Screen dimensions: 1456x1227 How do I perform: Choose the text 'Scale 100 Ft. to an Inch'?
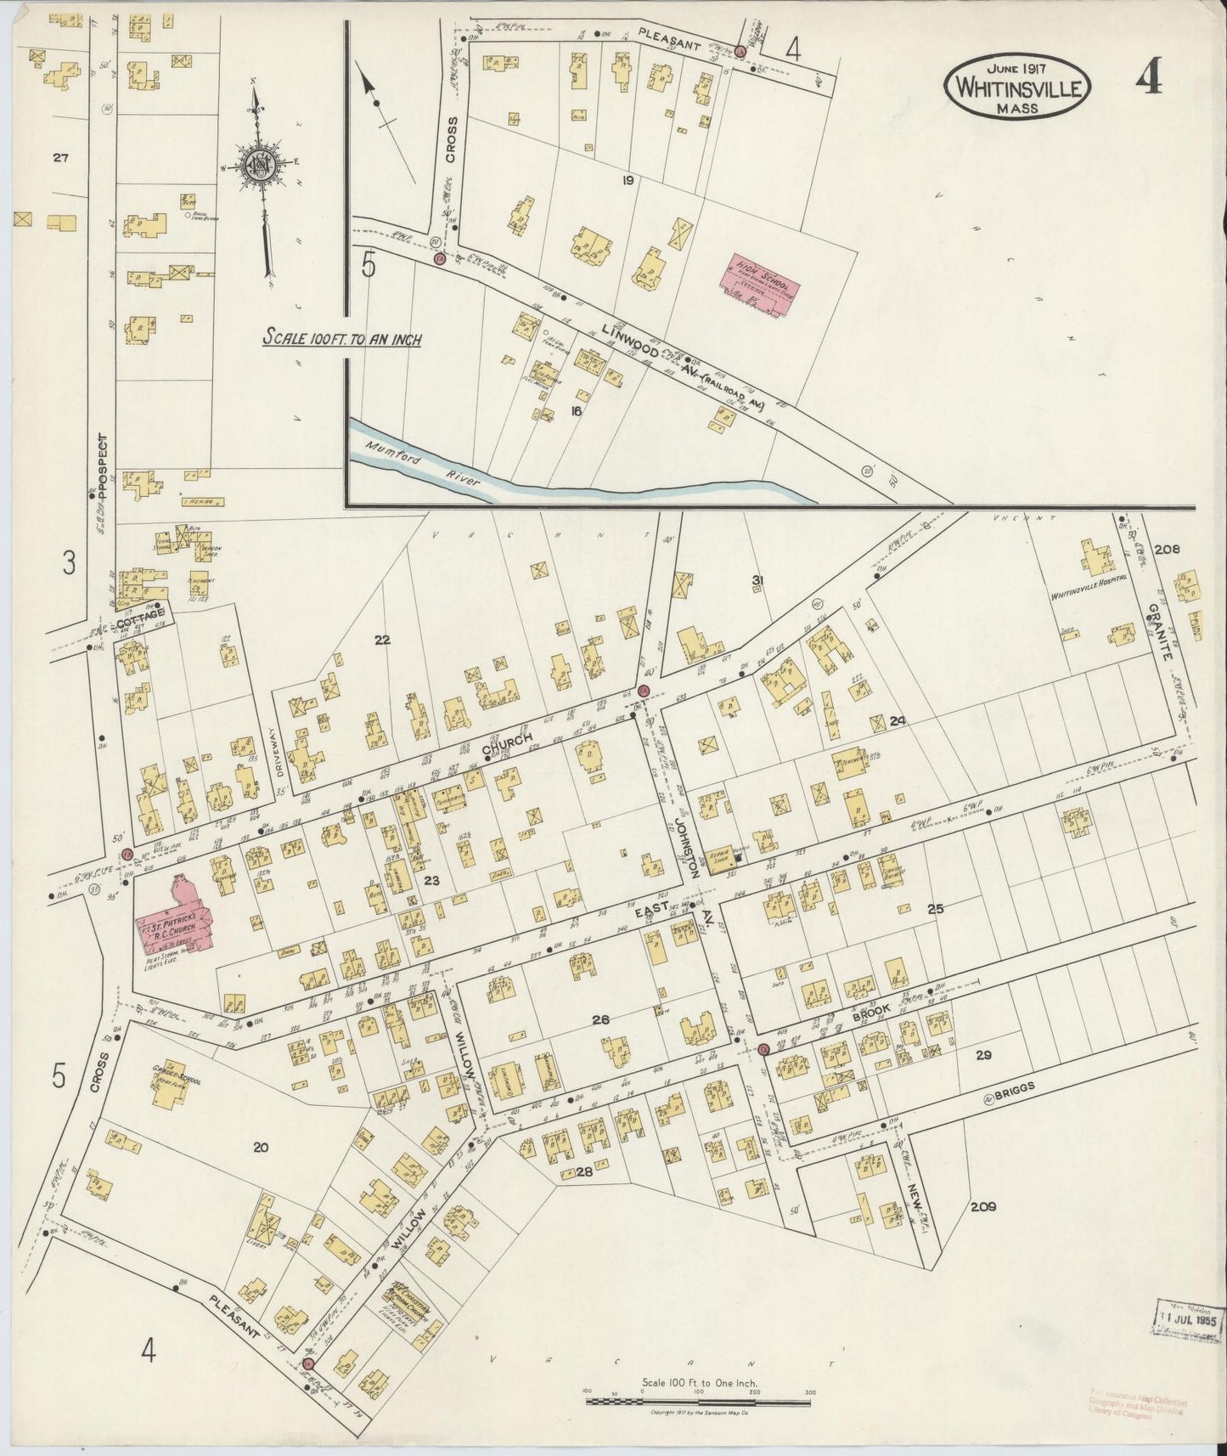[x=341, y=338]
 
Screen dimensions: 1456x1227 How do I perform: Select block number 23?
[x=431, y=880]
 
